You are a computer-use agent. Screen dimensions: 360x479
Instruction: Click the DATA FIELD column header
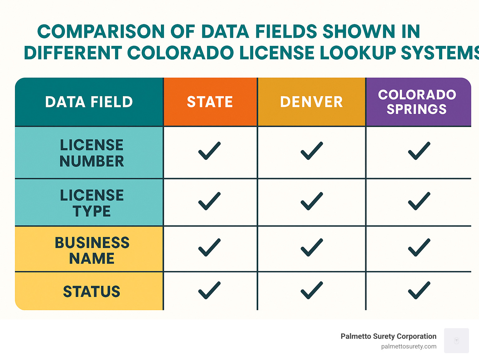point(89,102)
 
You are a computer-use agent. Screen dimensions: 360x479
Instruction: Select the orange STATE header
point(210,102)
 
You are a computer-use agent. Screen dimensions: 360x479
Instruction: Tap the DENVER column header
point(311,102)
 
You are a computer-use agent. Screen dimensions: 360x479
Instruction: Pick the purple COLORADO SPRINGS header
point(417,102)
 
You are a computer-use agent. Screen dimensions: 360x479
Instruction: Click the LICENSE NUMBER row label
point(92,153)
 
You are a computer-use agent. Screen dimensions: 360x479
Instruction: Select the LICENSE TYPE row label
point(92,203)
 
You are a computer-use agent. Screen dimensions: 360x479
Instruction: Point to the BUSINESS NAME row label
point(92,250)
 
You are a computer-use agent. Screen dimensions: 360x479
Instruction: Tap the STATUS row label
point(92,291)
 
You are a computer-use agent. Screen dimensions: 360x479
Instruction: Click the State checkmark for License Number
point(209,151)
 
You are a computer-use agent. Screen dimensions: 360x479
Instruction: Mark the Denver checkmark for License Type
point(312,201)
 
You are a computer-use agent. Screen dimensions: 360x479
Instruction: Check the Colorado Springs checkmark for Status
point(419,290)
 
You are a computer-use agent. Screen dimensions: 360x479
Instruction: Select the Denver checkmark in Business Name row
point(312,247)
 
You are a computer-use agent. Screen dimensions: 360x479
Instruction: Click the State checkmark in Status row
point(209,290)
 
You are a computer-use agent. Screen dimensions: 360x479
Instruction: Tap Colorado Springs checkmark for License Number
point(419,151)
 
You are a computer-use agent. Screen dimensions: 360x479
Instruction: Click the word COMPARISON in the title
point(101,32)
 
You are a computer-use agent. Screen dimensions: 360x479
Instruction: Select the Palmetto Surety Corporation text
point(388,336)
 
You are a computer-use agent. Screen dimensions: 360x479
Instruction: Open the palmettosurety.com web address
point(409,346)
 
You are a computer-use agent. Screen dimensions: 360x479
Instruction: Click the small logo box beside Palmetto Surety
point(456,340)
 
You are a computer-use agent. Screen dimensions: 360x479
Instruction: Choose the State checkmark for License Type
point(209,201)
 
